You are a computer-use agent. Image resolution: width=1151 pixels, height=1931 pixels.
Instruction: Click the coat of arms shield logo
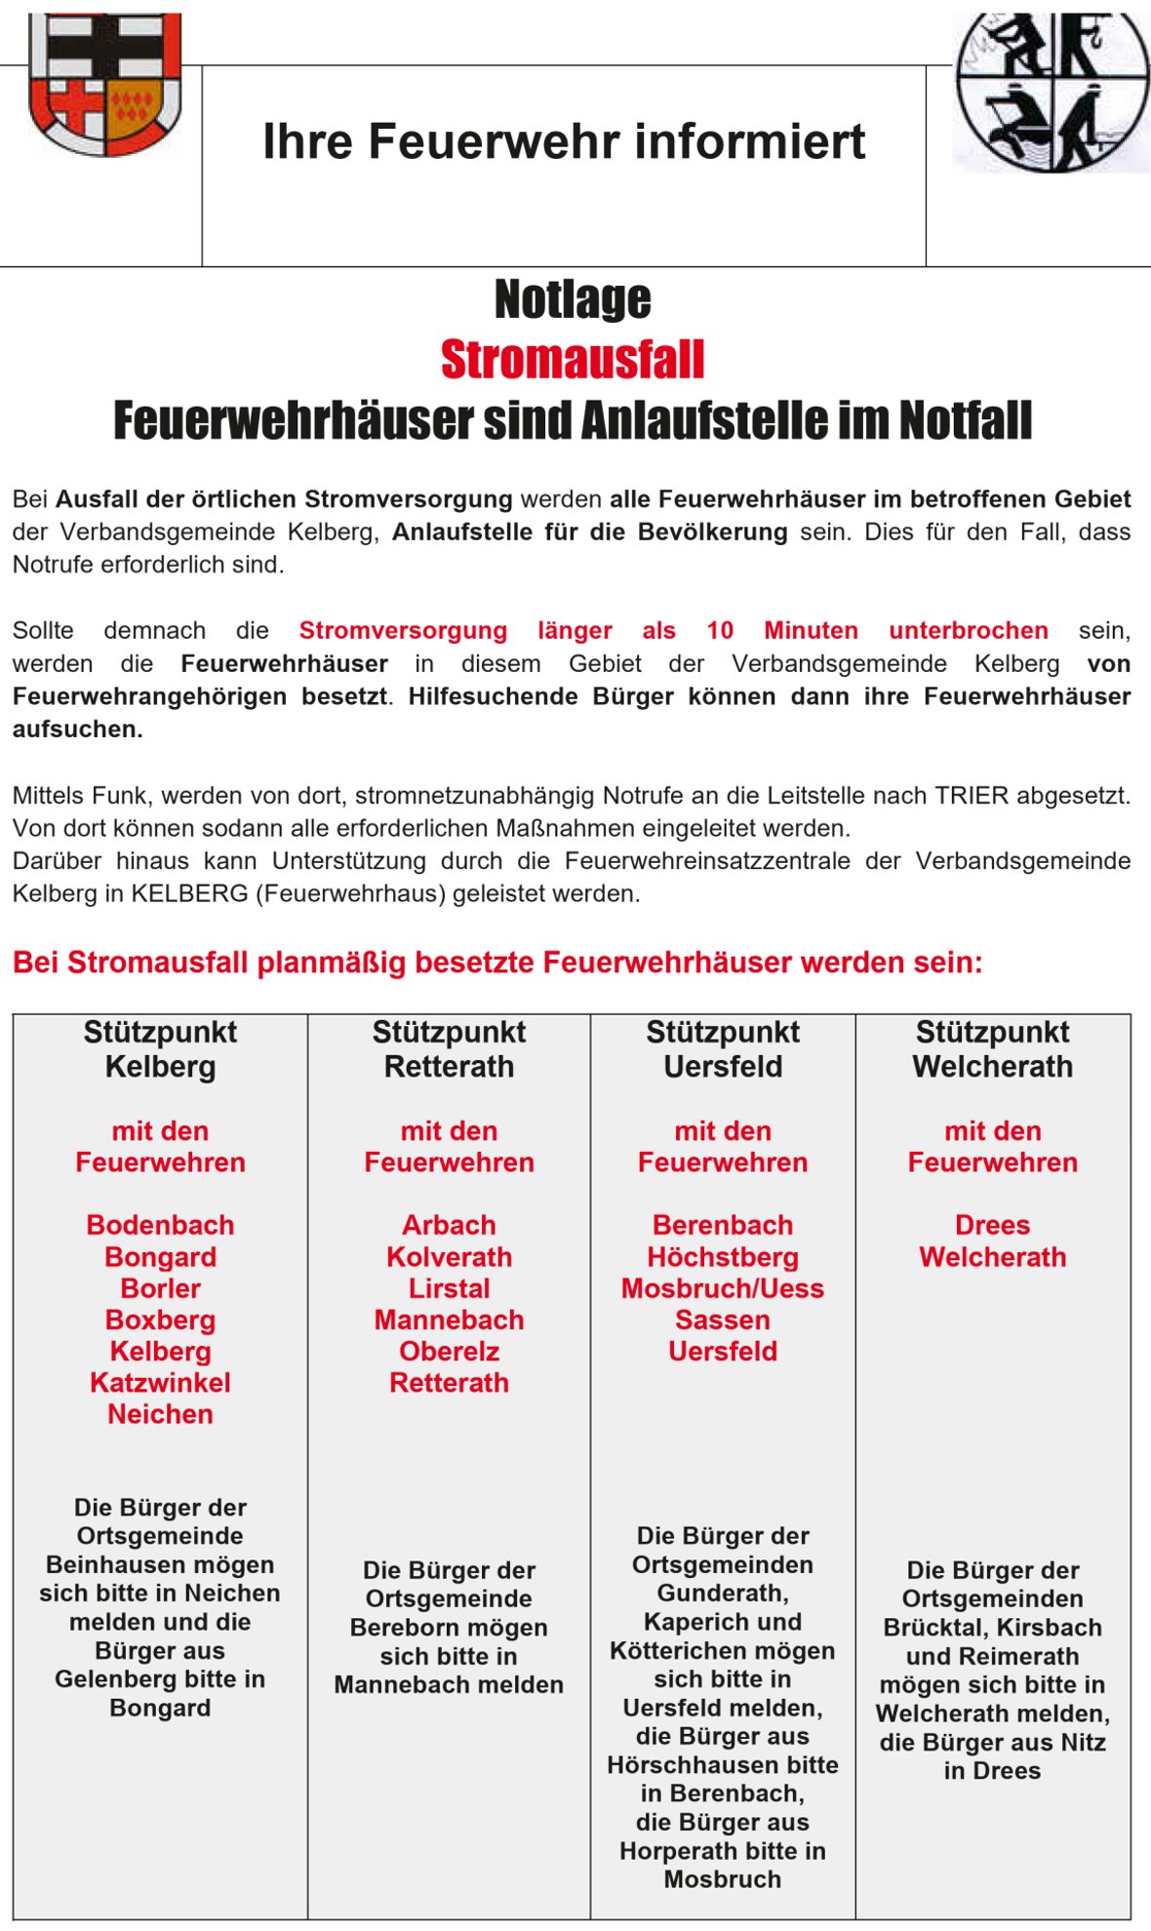pyautogui.click(x=105, y=84)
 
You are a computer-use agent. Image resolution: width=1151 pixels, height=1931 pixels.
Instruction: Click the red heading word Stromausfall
pyautogui.click(x=573, y=360)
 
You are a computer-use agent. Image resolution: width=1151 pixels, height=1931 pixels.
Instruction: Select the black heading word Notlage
pyautogui.click(x=573, y=299)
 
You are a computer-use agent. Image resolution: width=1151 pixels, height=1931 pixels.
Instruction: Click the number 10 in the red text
pyautogui.click(x=720, y=631)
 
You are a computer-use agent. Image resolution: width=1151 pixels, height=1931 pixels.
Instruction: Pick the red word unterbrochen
pyautogui.click(x=968, y=631)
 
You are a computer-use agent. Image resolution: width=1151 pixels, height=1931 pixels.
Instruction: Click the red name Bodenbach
pyautogui.click(x=160, y=1225)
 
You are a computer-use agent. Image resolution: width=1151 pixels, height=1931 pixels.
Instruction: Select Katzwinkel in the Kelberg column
pyautogui.click(x=160, y=1383)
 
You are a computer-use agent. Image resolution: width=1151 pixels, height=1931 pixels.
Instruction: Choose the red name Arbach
pyautogui.click(x=449, y=1225)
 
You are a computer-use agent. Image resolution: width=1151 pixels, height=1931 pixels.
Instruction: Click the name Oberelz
pyautogui.click(x=449, y=1352)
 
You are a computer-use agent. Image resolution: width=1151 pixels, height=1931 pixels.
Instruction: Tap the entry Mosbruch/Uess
pyautogui.click(x=723, y=1288)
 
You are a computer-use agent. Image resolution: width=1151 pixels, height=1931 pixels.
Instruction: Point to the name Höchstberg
pyautogui.click(x=723, y=1257)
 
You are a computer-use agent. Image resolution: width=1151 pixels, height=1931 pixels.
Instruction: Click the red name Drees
pyautogui.click(x=993, y=1225)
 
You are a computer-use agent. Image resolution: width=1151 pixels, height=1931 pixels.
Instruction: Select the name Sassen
pyautogui.click(x=723, y=1320)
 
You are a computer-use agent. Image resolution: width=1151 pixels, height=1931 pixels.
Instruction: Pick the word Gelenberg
pyautogui.click(x=109, y=1678)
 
